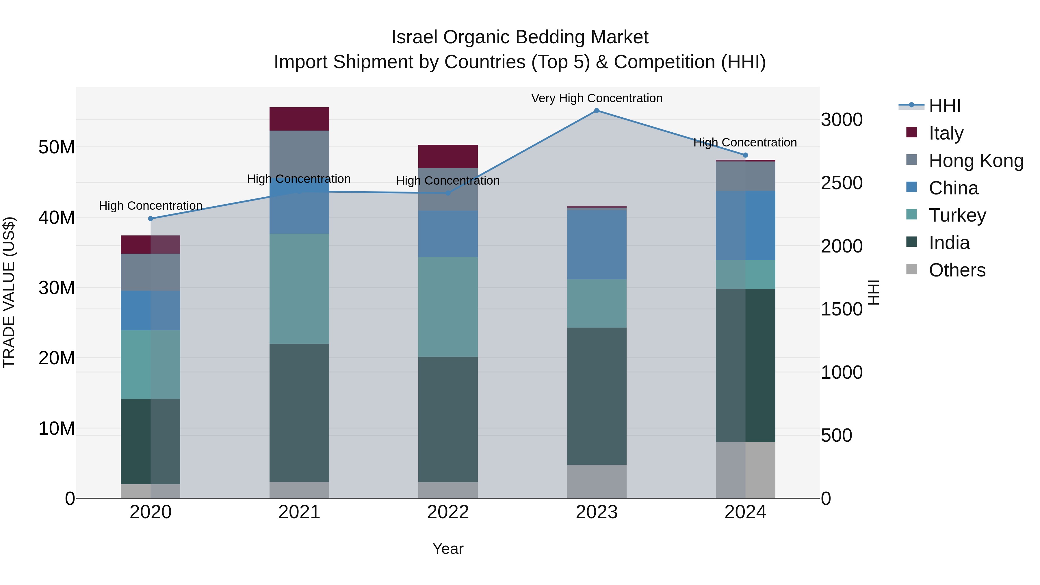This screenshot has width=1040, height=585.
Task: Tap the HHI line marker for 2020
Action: click(x=151, y=219)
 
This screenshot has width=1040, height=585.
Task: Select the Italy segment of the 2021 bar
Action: click(x=299, y=119)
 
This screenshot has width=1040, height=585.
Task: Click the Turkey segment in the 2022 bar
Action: click(x=448, y=307)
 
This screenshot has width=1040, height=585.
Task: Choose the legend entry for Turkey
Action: click(x=957, y=215)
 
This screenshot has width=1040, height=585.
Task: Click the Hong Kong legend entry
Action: click(x=975, y=161)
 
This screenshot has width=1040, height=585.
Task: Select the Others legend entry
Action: click(x=957, y=270)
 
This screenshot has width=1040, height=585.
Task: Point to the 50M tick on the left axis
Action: click(x=57, y=147)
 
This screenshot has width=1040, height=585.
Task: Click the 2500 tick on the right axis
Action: click(x=842, y=183)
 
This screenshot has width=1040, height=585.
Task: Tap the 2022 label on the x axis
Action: click(x=448, y=512)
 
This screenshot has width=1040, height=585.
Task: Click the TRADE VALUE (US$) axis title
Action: click(x=9, y=292)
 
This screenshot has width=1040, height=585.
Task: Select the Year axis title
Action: click(x=448, y=549)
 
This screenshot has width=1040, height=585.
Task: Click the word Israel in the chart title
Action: click(x=414, y=38)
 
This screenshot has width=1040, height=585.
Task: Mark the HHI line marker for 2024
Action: click(x=745, y=155)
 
